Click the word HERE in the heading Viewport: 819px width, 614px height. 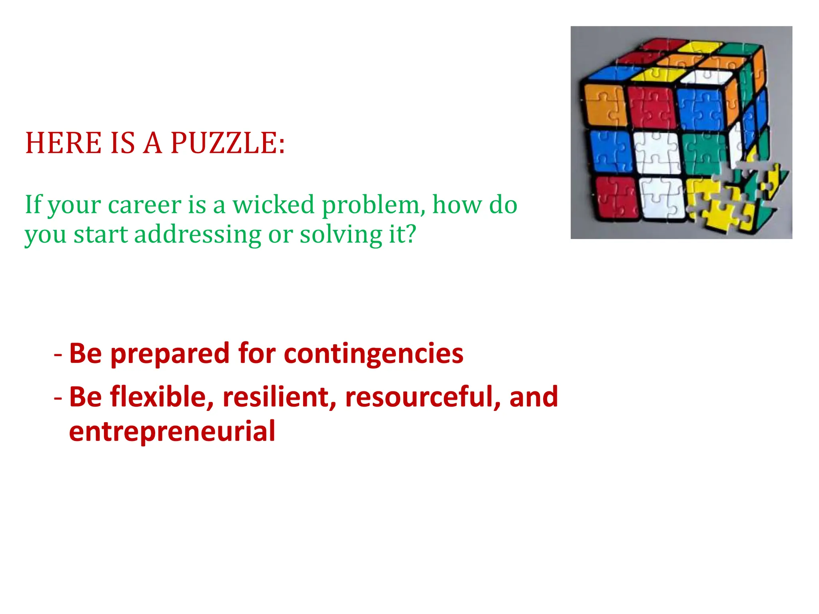coord(64,143)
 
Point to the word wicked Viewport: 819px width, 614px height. coord(274,205)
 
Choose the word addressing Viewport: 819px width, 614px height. coord(198,234)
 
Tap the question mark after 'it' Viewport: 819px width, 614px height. coord(411,234)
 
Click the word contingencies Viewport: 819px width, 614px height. coord(374,353)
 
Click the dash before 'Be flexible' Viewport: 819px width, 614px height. coord(58,397)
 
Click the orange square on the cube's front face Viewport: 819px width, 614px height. coord(605,104)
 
